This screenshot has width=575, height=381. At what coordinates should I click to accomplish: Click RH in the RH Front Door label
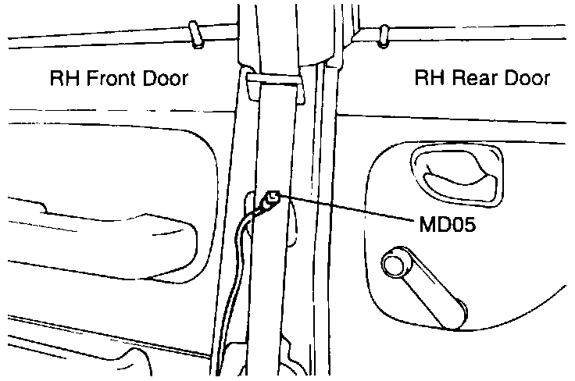point(63,79)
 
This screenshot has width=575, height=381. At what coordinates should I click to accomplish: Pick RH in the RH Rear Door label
point(428,79)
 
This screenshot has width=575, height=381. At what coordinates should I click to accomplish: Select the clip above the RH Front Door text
point(198,34)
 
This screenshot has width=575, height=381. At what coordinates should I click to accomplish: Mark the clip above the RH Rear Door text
point(383,34)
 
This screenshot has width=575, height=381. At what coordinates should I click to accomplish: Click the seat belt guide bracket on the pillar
point(273,84)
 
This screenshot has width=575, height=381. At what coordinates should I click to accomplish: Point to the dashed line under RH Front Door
point(117,110)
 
